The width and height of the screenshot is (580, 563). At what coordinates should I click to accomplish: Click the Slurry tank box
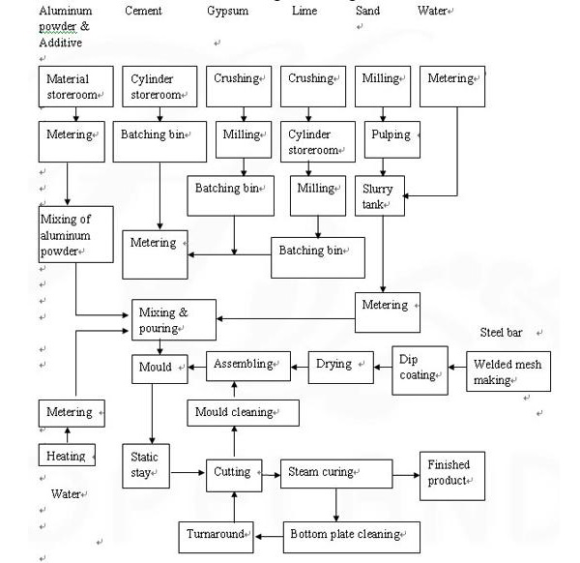(x=380, y=195)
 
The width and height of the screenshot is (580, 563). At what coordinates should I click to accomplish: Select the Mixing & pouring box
(x=174, y=320)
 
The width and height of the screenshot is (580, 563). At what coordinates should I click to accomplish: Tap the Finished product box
(x=452, y=476)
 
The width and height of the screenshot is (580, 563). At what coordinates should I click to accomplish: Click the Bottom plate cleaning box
(x=352, y=538)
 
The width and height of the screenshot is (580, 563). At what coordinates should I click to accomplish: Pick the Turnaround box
(x=216, y=538)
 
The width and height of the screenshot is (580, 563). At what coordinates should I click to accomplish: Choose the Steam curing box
(x=336, y=474)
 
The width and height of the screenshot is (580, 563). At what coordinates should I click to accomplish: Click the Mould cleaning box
(x=243, y=413)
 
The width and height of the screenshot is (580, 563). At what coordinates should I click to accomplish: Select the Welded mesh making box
(x=508, y=371)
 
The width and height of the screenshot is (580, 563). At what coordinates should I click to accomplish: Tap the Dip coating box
(x=420, y=370)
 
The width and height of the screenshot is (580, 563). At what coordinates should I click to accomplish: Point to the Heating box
(x=67, y=455)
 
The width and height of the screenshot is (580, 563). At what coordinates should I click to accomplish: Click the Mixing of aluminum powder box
(x=75, y=234)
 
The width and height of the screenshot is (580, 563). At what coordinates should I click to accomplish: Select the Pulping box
(x=392, y=139)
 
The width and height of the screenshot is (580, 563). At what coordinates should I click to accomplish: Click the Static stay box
(x=146, y=466)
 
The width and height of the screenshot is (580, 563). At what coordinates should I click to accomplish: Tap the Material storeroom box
(x=75, y=87)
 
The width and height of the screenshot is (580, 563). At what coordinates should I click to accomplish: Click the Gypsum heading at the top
(x=227, y=11)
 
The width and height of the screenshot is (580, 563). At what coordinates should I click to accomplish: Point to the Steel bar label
(x=501, y=333)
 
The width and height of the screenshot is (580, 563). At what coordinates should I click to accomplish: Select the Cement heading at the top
(x=143, y=11)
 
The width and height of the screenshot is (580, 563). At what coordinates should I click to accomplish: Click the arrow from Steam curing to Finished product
(x=406, y=475)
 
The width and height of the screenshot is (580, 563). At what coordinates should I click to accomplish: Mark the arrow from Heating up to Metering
(x=68, y=435)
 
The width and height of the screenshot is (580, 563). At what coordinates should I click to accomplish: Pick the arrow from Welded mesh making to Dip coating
(x=457, y=368)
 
